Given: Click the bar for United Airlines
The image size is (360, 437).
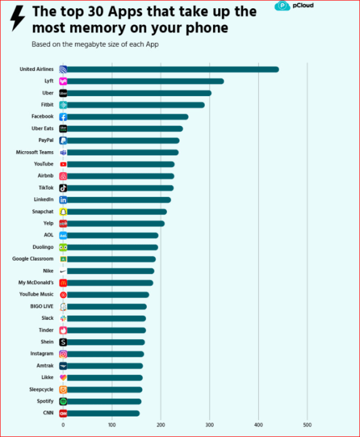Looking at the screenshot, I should [170, 69].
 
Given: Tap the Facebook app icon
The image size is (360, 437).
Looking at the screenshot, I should [63, 117].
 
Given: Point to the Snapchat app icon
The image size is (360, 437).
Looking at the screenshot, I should [63, 211].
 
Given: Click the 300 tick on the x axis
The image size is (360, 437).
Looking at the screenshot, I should [210, 424].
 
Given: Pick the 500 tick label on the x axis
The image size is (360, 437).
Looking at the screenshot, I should [307, 424].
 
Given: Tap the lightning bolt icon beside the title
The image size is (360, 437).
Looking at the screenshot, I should [18, 18].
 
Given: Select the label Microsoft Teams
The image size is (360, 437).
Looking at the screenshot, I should [35, 152].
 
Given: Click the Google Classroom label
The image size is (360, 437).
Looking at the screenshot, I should [33, 259].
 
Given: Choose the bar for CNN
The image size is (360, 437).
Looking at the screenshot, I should [103, 413].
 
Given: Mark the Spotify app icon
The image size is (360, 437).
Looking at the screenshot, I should [63, 401].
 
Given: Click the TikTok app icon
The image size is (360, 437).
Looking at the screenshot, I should [63, 188].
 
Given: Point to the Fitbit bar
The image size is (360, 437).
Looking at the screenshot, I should [135, 105].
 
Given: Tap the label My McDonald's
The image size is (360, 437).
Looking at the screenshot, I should [36, 282].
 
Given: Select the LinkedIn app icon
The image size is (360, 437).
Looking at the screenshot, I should [63, 200].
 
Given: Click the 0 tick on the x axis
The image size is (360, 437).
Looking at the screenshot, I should [63, 424].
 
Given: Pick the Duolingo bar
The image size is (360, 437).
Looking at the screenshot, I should [111, 247].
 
